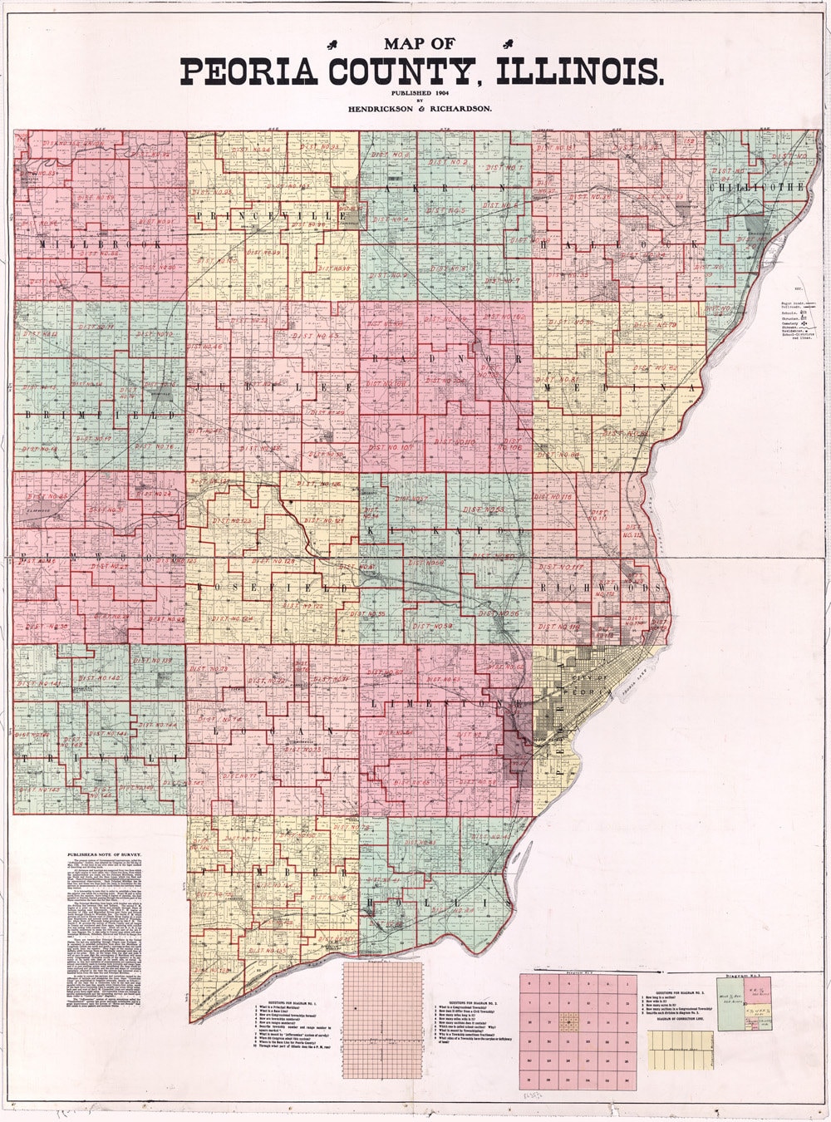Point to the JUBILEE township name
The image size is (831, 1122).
click(x=274, y=387)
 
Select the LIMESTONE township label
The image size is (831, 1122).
click(x=449, y=703)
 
